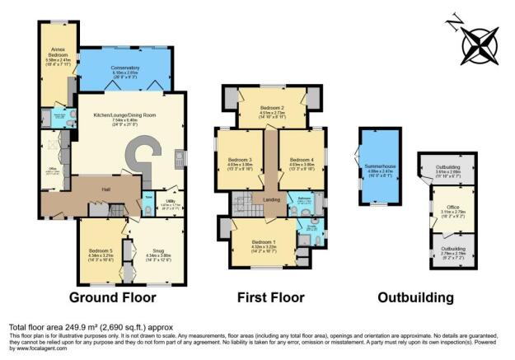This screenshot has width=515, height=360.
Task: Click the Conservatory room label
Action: [124, 68]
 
